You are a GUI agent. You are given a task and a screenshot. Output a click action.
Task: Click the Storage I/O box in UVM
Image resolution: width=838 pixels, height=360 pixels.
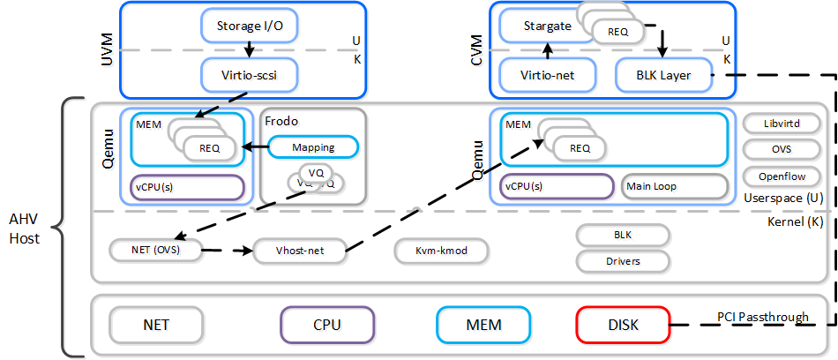tap(251, 26)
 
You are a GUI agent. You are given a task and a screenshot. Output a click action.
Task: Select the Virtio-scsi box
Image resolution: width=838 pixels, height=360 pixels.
tap(251, 75)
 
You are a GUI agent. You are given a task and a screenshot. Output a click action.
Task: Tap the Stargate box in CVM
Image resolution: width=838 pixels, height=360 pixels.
tap(535, 26)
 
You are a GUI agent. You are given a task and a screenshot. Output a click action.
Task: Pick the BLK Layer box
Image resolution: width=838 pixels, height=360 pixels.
tap(663, 76)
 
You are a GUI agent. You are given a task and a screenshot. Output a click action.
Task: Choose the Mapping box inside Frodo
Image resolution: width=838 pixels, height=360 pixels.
tap(312, 147)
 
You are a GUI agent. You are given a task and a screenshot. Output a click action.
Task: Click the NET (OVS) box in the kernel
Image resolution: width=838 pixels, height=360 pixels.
tap(155, 251)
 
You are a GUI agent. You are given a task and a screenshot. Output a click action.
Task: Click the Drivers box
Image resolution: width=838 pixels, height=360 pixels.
tap(622, 261)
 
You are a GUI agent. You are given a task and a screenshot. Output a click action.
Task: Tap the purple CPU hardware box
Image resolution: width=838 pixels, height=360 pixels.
tap(326, 325)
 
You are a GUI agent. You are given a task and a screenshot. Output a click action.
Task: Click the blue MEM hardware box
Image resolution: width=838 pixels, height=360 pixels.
tap(483, 325)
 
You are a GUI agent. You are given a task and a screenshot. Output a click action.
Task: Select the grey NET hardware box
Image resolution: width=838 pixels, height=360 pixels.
tap(155, 325)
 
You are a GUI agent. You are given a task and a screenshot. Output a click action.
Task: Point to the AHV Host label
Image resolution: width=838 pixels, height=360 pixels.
tap(25, 228)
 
